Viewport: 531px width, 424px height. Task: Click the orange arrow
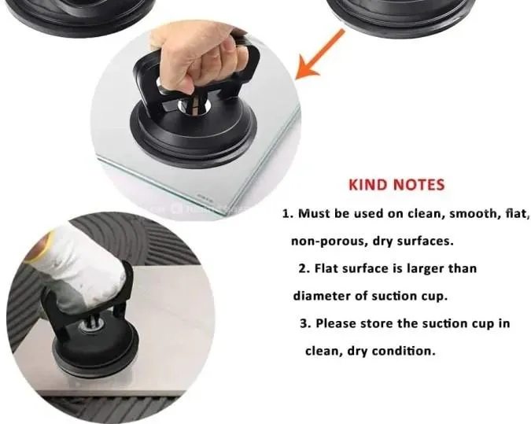click(320, 54)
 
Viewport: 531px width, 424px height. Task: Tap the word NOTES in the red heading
click(419, 185)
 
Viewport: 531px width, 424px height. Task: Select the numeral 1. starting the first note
click(288, 214)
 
